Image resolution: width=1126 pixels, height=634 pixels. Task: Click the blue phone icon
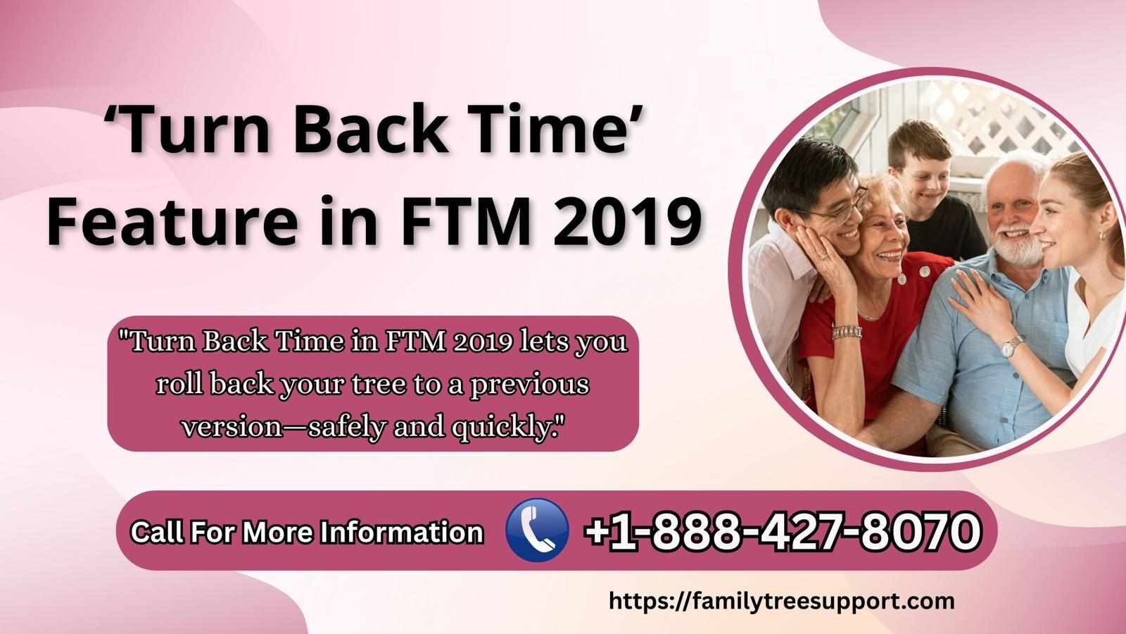coord(537,530)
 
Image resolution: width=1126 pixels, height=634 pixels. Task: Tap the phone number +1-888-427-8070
coord(783,530)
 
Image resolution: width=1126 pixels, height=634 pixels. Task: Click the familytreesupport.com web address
coord(782,602)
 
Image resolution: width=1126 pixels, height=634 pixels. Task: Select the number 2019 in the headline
coord(627,222)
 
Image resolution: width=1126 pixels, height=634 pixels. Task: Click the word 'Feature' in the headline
coord(172,222)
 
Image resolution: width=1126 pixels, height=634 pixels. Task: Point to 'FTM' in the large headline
coord(465,222)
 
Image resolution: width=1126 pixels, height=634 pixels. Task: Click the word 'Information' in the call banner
coord(402,532)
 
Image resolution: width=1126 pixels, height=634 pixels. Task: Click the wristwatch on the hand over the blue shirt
coord(1011,347)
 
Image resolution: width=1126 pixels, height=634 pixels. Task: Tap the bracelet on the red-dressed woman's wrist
coord(847,332)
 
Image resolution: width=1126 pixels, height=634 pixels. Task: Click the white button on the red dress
coord(925,272)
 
